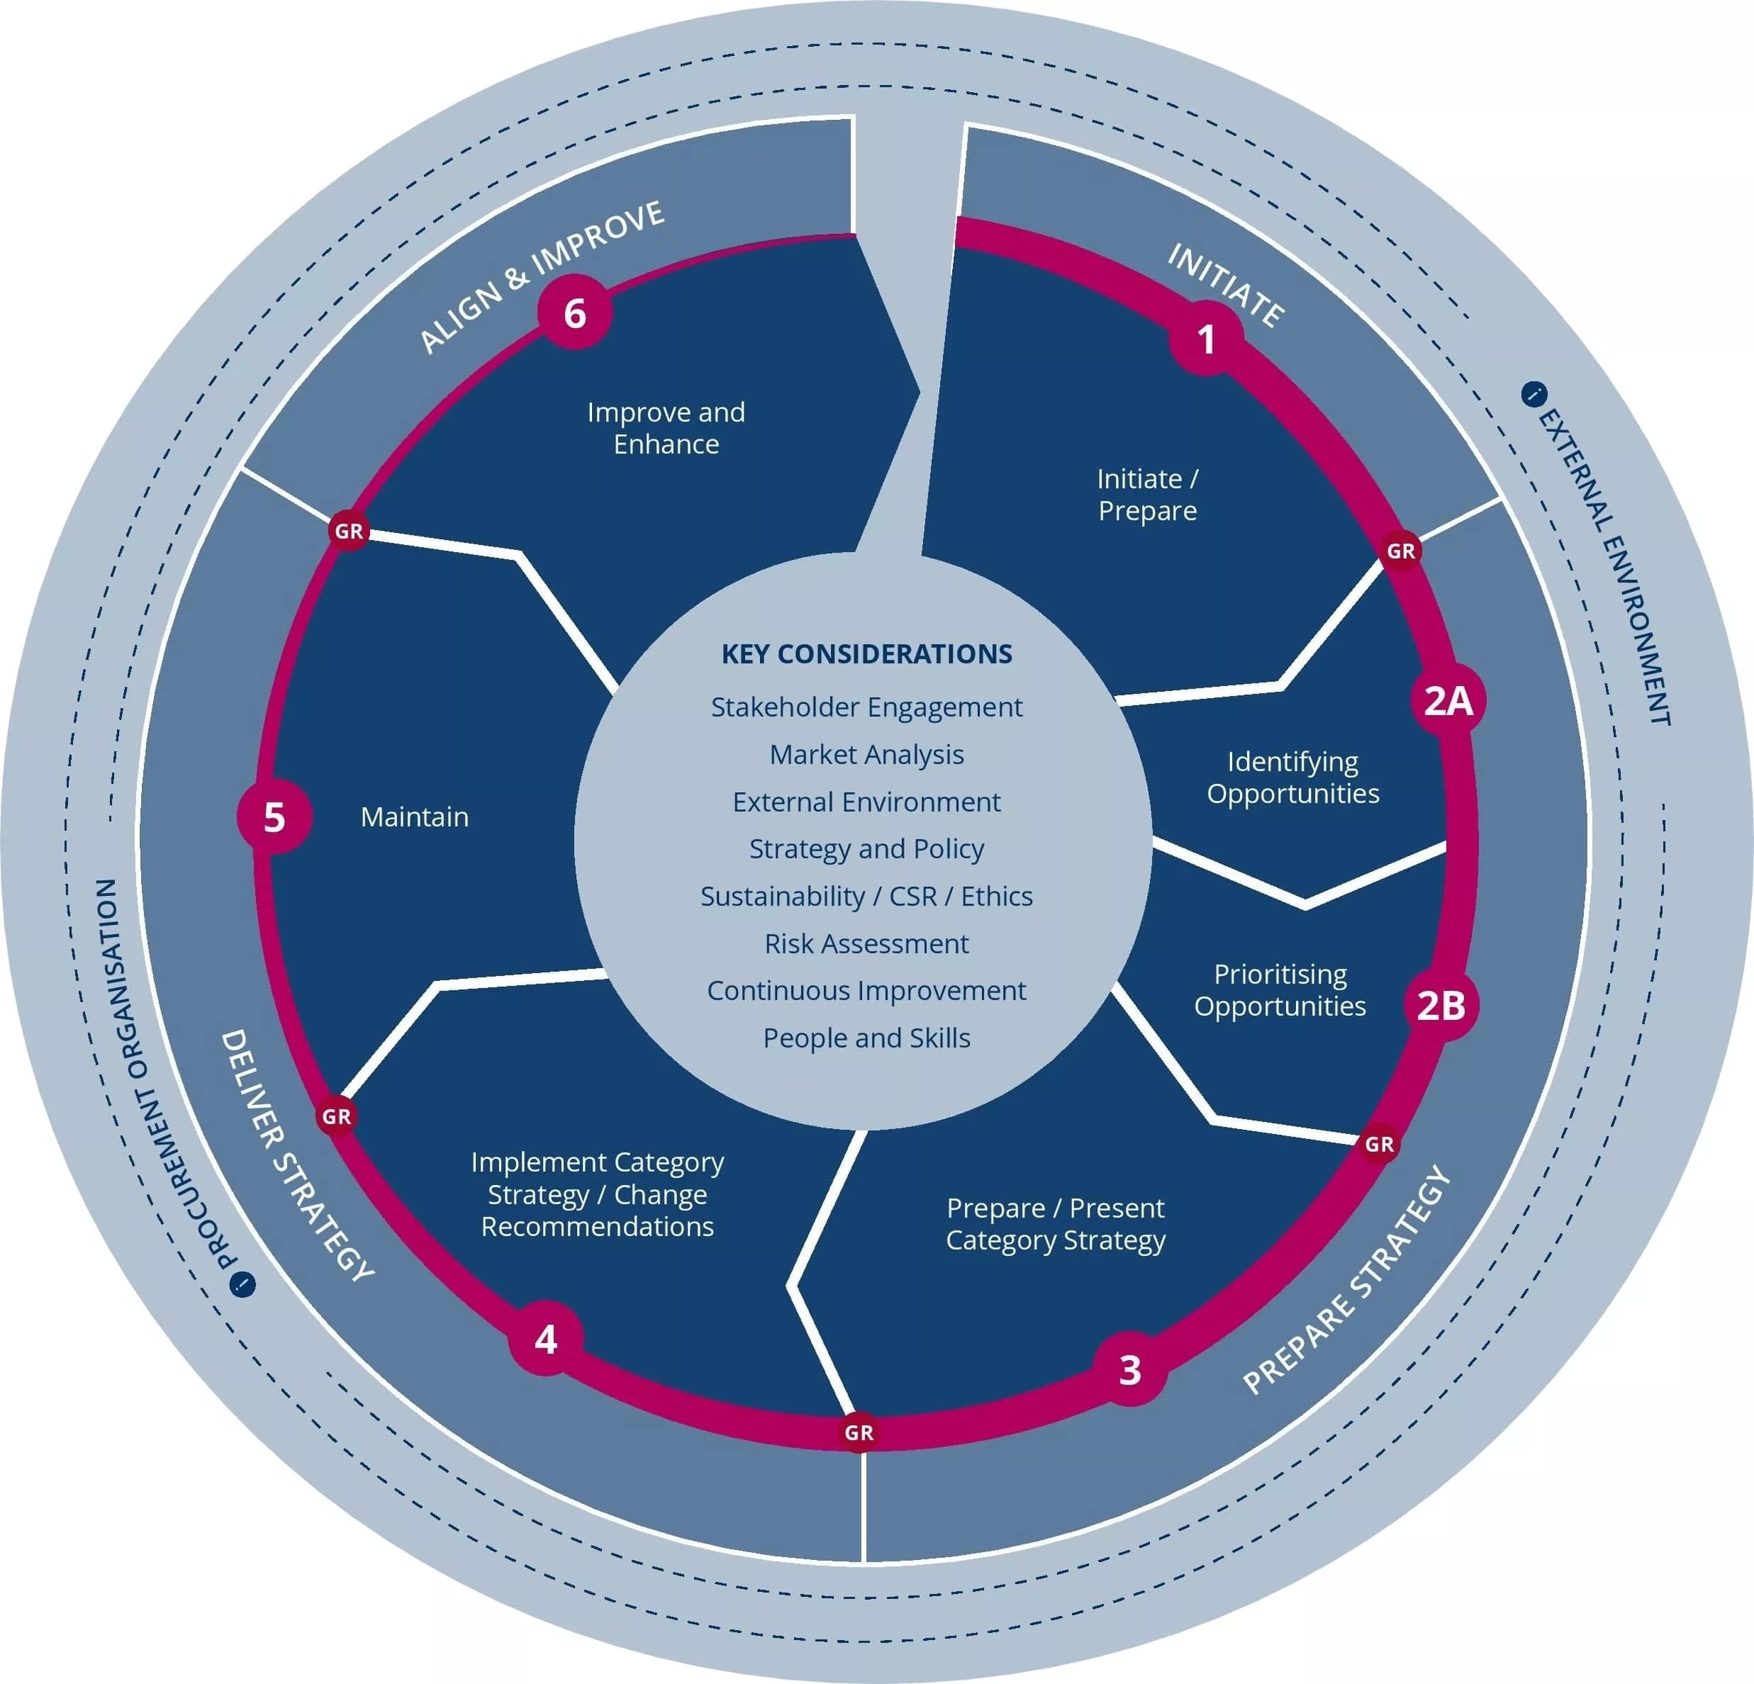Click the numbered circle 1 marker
tap(1205, 339)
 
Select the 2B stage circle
tap(1441, 1005)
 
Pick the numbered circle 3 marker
tap(1130, 1369)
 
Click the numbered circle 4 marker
tap(546, 1339)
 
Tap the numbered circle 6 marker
tap(574, 313)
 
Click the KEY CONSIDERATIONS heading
tap(866, 654)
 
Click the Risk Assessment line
tap(866, 944)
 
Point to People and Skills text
tap(866, 1038)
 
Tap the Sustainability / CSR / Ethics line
tap(866, 897)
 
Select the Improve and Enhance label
tap(666, 427)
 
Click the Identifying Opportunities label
tap(1292, 778)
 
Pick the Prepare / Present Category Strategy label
tap(1055, 1224)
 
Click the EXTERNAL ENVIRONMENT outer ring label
tap(1604, 566)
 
